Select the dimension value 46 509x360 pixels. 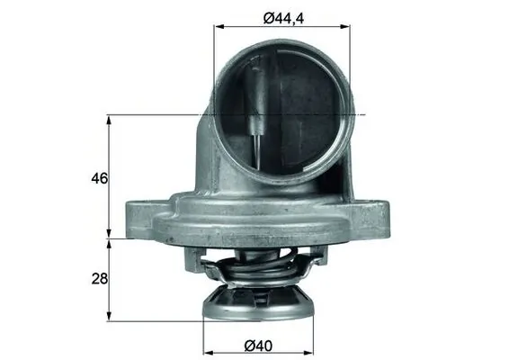[100, 178]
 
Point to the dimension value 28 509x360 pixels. [100, 279]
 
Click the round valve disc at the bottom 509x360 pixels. [259, 304]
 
